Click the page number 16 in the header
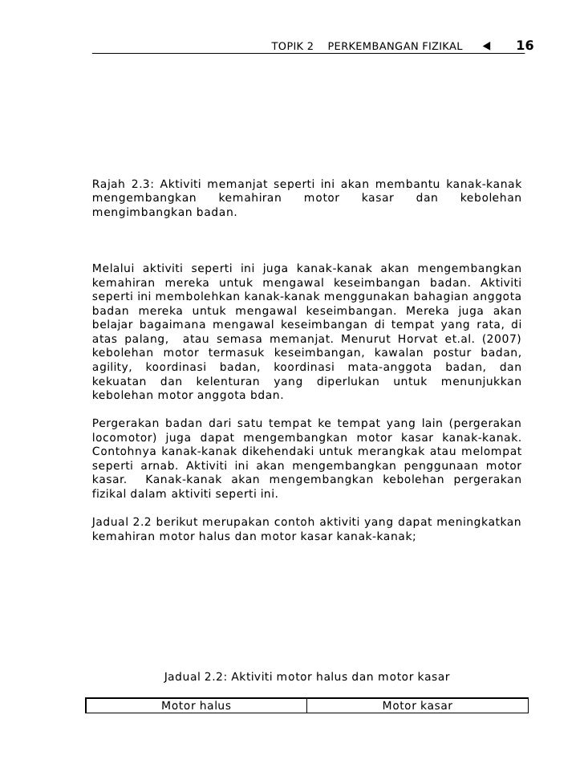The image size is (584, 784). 525,46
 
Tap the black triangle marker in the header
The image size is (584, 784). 486,46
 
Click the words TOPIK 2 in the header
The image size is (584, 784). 292,47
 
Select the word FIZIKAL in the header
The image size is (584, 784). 440,47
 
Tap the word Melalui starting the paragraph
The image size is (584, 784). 116,267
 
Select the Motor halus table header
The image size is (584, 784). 196,706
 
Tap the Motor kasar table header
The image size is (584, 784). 417,706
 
